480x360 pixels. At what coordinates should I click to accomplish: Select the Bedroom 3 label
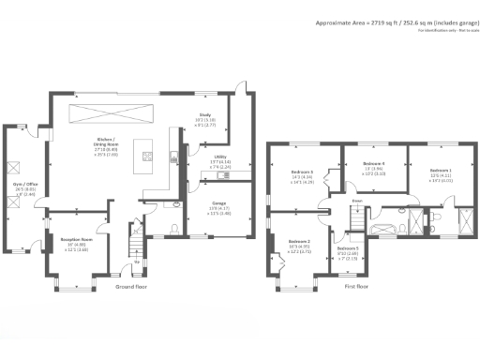[x=300, y=174]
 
